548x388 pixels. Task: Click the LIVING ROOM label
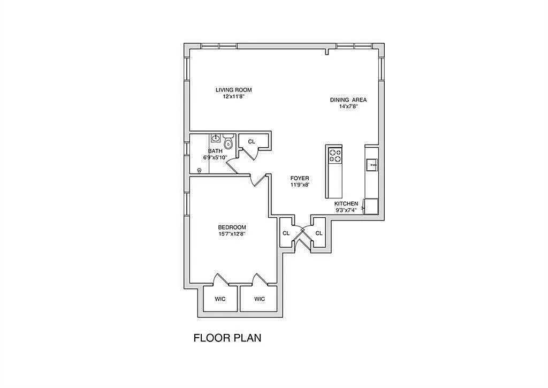[x=233, y=90]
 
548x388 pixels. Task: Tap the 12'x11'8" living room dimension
[x=233, y=97]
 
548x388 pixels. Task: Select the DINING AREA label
[x=348, y=100]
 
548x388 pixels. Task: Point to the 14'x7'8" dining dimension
[x=348, y=106]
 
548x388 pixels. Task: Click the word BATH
[x=215, y=151]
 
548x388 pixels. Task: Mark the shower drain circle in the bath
[x=200, y=171]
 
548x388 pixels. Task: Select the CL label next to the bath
[x=252, y=142]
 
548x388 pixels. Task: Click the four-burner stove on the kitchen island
[x=335, y=155]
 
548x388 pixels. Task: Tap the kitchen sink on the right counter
[x=372, y=164]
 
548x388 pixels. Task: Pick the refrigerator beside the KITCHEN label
[x=371, y=206]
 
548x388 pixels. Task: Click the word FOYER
[x=300, y=178]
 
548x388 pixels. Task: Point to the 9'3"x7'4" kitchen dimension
[x=346, y=210]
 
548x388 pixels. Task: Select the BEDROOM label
[x=232, y=227]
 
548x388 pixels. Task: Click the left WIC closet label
[x=220, y=299]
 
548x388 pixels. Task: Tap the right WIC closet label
[x=259, y=299]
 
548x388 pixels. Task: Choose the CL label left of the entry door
[x=286, y=233]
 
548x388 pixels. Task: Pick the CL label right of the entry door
[x=319, y=233]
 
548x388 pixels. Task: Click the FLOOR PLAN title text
[x=227, y=338]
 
